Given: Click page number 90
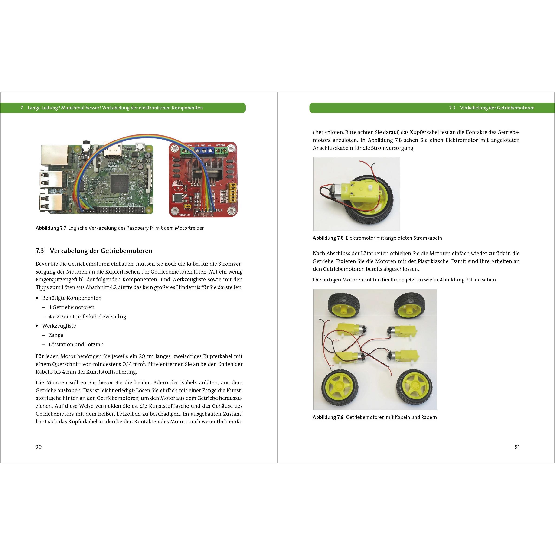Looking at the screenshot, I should click(39, 447).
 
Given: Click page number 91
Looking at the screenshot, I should click(517, 447).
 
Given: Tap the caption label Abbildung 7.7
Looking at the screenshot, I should click(51, 228).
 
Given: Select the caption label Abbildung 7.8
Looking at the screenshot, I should click(328, 238).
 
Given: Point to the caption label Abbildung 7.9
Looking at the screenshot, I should click(328, 417).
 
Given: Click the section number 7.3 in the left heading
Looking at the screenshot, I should click(40, 251).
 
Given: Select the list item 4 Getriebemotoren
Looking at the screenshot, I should click(71, 307).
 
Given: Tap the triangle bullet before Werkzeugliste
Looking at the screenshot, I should click(37, 326).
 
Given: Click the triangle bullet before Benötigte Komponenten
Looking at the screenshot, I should click(37, 298).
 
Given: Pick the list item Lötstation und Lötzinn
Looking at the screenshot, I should click(76, 344).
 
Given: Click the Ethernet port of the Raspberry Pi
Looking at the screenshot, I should click(55, 155).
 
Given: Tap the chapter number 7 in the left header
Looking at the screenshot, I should click(22, 108).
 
